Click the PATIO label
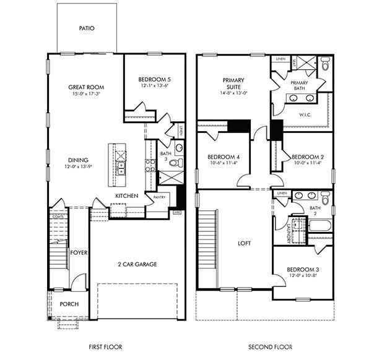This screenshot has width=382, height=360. click(87, 28)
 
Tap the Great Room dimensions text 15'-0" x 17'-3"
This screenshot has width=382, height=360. click(85, 95)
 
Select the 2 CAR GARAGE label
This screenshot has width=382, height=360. click(137, 264)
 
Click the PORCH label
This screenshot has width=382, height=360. click(69, 304)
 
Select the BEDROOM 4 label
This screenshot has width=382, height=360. click(222, 156)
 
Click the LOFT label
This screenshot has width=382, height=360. click(244, 243)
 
